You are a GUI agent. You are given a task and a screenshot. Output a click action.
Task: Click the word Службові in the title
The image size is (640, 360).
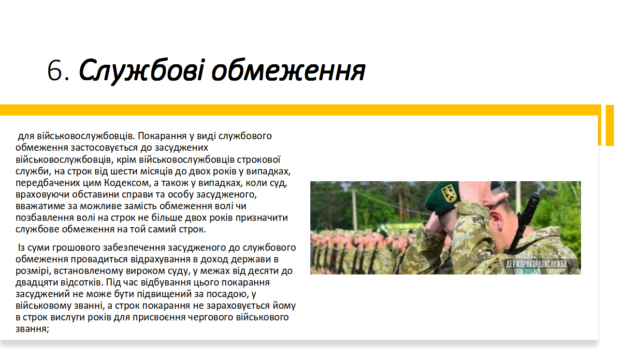[142, 71]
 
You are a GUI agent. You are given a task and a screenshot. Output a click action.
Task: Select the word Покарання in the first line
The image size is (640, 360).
[162, 136]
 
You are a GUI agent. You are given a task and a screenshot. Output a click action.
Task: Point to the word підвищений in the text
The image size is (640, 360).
[162, 294]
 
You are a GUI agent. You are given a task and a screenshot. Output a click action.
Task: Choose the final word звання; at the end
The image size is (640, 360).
[32, 329]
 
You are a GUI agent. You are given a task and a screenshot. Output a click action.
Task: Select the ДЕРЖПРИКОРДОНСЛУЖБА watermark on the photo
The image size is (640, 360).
[537, 264]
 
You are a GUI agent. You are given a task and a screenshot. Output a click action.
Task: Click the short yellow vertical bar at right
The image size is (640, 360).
[610, 126]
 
